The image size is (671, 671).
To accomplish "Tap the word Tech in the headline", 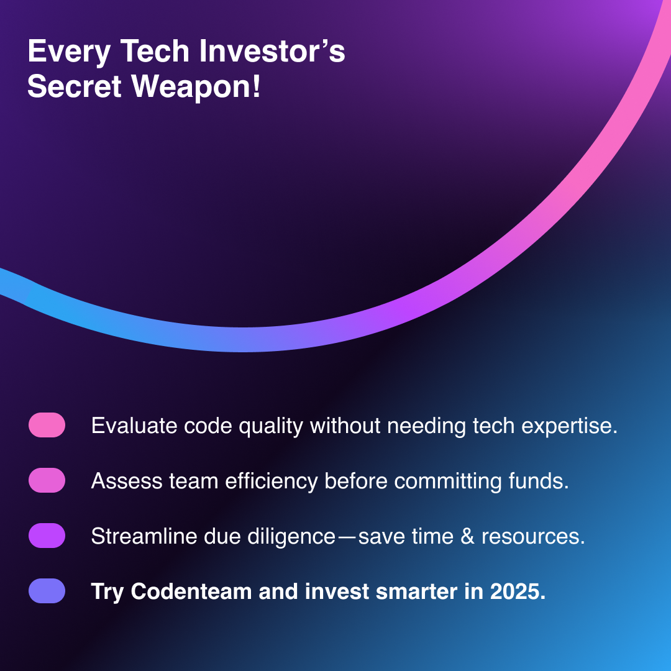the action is point(155,51).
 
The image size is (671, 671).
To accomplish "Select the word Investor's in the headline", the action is point(272,51).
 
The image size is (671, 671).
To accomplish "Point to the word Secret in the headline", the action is point(75,86).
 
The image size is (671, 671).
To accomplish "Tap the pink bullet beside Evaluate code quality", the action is point(47,425).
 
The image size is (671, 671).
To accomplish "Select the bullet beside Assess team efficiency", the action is point(47,480).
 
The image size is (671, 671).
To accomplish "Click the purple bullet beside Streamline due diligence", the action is point(47,536).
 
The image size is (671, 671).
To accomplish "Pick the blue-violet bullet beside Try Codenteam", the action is point(47,591).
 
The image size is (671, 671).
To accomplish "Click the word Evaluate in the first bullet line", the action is point(134,426).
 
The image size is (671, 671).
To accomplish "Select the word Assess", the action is point(127,481).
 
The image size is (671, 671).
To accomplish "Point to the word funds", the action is point(539,481).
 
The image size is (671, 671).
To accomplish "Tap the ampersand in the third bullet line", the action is point(467,537).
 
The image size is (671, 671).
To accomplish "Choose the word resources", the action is point(533,537).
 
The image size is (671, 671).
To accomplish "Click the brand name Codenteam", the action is point(191,591).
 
